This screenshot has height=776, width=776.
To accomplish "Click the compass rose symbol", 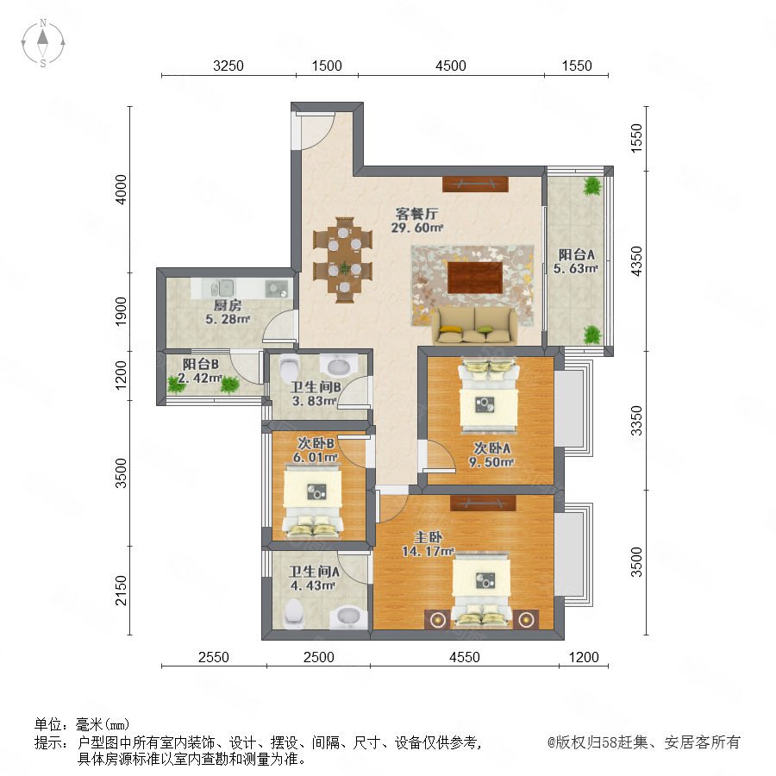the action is (x=43, y=42).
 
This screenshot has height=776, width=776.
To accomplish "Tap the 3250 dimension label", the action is (x=228, y=66).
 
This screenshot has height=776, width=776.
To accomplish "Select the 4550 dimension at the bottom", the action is (x=464, y=657).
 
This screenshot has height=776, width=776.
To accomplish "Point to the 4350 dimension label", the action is (x=636, y=260).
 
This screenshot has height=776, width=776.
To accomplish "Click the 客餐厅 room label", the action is (x=416, y=214).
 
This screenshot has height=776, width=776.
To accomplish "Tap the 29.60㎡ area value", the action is (x=416, y=228).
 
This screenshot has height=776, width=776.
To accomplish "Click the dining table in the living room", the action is (x=342, y=260).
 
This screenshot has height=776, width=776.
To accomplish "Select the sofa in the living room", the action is (x=474, y=325).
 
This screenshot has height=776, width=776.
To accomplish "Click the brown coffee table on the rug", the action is (x=475, y=278).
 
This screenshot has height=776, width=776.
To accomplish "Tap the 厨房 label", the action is (x=227, y=305).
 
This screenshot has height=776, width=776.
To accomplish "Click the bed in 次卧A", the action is (x=489, y=394).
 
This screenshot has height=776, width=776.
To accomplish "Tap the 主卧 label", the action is (x=428, y=537).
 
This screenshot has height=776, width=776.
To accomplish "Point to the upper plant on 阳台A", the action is (x=591, y=186).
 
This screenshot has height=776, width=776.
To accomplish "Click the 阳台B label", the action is (x=200, y=364).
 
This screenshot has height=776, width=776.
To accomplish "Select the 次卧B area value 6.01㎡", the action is (x=316, y=457).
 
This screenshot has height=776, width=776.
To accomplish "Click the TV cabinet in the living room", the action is (x=475, y=185).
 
